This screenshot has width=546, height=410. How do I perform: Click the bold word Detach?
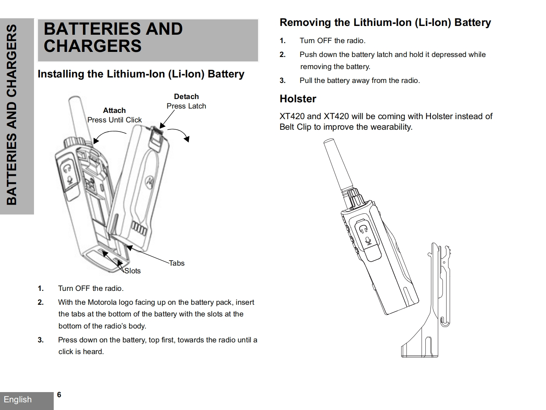click(x=186, y=96)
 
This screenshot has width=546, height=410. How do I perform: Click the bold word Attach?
click(x=114, y=110)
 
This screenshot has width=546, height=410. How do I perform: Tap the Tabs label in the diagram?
click(x=177, y=263)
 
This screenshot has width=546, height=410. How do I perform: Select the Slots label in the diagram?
click(x=132, y=271)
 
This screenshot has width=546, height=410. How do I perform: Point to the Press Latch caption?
click(x=186, y=106)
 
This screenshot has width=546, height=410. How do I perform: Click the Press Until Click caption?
click(x=114, y=120)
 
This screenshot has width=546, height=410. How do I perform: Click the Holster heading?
click(x=298, y=99)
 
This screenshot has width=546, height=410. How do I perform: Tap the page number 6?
click(x=59, y=395)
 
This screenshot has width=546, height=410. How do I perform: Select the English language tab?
click(x=18, y=399)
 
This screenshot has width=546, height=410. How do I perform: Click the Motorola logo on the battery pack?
click(x=149, y=181)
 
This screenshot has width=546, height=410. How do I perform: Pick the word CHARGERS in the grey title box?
click(x=92, y=46)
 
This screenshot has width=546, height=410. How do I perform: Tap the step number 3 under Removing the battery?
click(x=283, y=80)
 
